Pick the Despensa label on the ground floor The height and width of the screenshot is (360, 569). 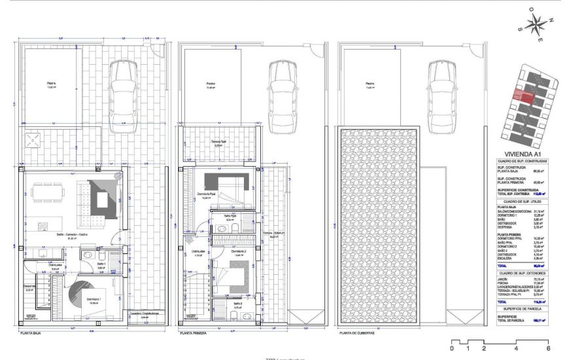tap(29, 286)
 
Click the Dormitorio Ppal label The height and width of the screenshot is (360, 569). tap(207, 194)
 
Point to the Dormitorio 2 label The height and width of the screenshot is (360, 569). tap(224, 251)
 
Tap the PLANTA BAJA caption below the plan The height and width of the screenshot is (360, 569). tap(32, 333)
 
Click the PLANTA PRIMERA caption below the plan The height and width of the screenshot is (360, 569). tap(194, 333)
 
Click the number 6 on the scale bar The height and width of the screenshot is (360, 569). tap(547, 349)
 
